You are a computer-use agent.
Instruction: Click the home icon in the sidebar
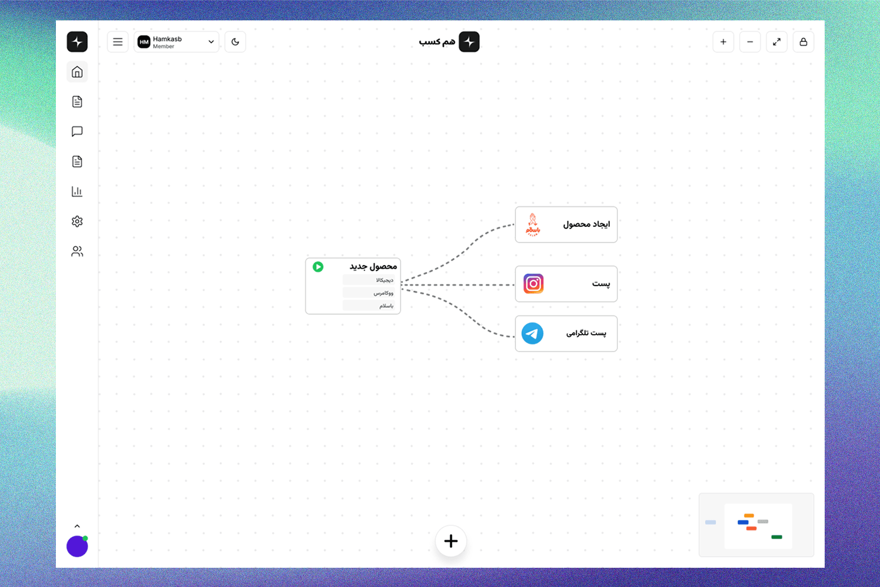[x=77, y=72]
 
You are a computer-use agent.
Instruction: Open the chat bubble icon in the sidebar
[x=77, y=132]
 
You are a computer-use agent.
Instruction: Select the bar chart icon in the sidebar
[x=77, y=192]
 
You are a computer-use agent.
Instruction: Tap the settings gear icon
[x=77, y=222]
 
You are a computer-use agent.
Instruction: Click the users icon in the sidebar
[x=77, y=251]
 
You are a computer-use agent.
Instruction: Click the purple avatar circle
[x=77, y=546]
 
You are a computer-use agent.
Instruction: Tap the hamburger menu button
[x=118, y=42]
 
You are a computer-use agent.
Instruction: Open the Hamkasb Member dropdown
[x=176, y=42]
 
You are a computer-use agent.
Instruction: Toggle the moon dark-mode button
[x=235, y=42]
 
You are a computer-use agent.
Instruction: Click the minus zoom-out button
[x=750, y=42]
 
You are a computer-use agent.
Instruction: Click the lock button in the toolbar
[x=803, y=42]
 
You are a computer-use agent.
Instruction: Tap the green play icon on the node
[x=318, y=266]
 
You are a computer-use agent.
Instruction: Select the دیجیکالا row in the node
[x=369, y=280]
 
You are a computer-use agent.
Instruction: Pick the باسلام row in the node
[x=369, y=305]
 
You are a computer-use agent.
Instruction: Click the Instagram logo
[x=533, y=284]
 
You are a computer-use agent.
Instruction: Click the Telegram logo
[x=532, y=333]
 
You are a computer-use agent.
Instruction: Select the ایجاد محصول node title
[x=586, y=224]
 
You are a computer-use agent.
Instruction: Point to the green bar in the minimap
[x=776, y=537]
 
